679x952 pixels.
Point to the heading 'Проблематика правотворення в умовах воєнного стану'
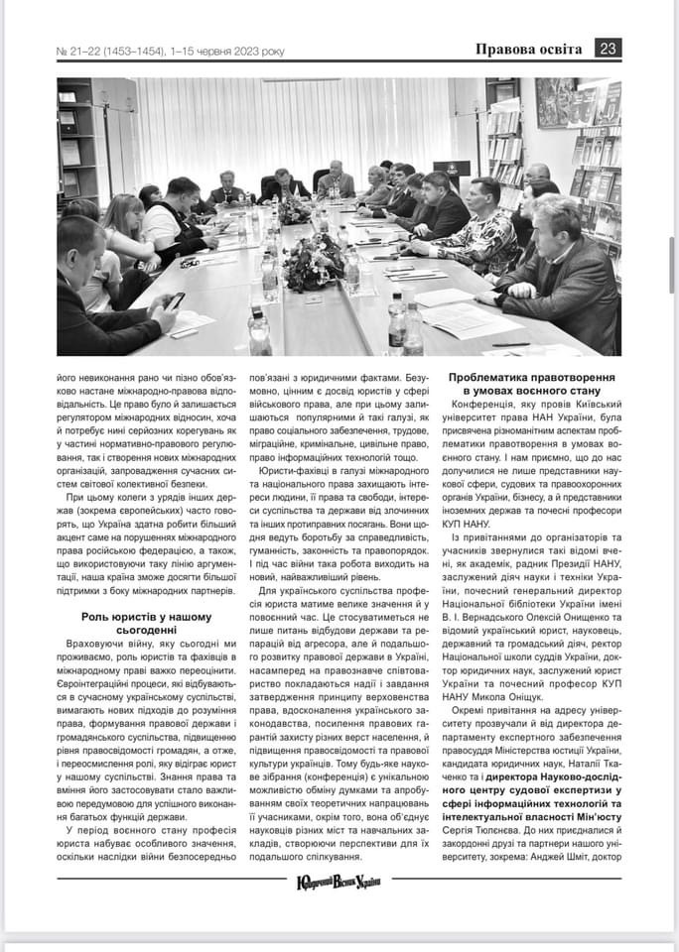click(x=531, y=385)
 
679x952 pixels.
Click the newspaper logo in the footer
click(x=339, y=881)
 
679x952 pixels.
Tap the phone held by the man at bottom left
click(x=175, y=300)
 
